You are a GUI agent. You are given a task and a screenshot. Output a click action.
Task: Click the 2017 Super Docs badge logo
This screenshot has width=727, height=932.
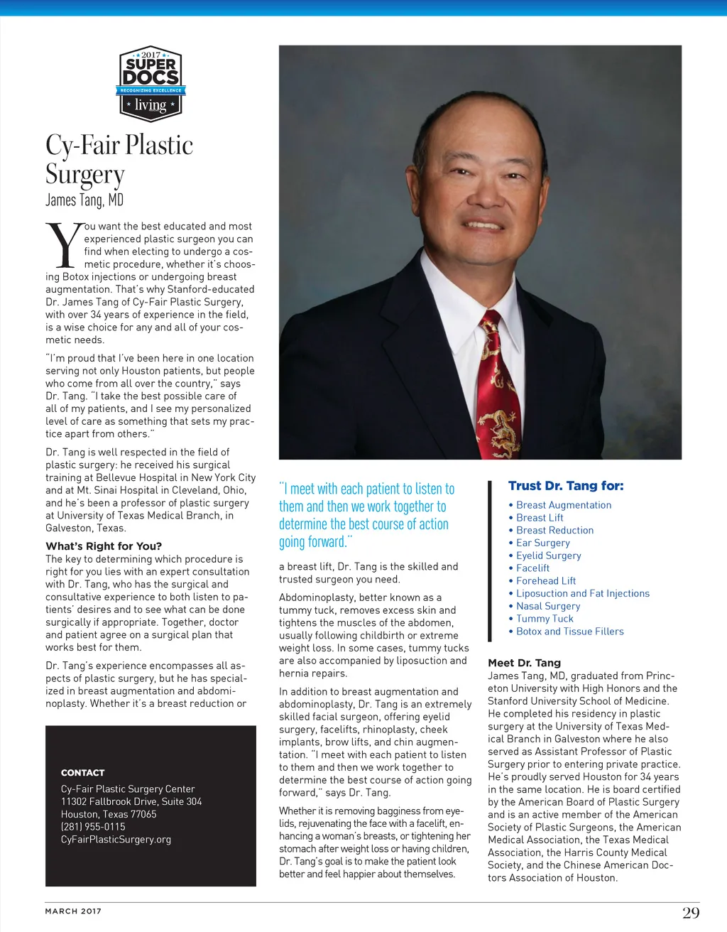click(150, 84)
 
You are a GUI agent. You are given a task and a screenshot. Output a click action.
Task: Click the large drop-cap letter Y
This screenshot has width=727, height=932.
click(63, 246)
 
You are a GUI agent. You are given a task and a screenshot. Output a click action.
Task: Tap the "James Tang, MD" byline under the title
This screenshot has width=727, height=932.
click(84, 200)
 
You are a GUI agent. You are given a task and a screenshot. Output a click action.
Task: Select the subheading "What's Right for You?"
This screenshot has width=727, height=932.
click(104, 546)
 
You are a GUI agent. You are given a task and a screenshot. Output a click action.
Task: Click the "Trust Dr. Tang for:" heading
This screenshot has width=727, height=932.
click(566, 486)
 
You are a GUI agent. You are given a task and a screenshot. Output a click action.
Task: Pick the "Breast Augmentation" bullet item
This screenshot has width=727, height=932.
click(564, 505)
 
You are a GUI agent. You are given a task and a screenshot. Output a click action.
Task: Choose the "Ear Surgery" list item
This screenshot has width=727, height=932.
click(543, 543)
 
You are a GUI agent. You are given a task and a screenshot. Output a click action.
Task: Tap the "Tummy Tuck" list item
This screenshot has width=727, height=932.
click(545, 619)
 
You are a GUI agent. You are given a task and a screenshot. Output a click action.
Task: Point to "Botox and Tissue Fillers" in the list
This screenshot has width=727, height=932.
click(570, 632)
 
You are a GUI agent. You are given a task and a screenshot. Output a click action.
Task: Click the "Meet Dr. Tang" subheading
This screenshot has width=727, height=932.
click(524, 663)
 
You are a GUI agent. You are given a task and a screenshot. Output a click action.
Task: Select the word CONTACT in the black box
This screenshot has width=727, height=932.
click(83, 773)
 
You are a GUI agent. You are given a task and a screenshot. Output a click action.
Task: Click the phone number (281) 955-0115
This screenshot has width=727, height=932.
click(93, 827)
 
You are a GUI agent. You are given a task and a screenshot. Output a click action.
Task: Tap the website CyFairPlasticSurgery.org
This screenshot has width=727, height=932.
click(116, 840)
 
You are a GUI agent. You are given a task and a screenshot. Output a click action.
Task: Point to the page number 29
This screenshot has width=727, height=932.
click(690, 913)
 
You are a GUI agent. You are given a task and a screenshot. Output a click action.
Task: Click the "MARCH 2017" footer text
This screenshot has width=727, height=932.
click(73, 911)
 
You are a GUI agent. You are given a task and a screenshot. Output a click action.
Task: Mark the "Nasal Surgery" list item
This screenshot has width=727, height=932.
click(548, 606)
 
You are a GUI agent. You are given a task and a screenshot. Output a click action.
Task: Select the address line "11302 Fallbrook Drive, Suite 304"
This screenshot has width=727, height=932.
click(131, 801)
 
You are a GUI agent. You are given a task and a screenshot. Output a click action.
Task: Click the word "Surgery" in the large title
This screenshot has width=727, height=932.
click(85, 174)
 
